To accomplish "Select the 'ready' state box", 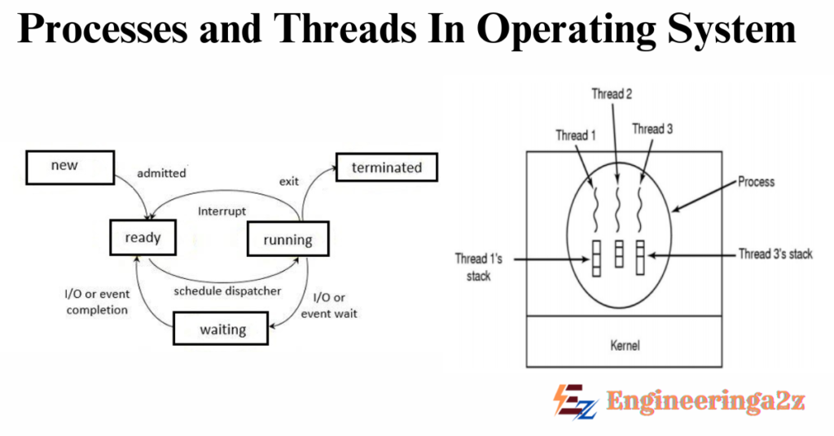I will click(143, 238).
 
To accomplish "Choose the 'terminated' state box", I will click(386, 168).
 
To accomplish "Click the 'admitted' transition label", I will click(161, 173).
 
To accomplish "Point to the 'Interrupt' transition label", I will click(222, 211).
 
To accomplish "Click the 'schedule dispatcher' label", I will click(228, 290).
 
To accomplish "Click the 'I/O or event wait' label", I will click(329, 305).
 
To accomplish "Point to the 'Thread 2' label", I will click(612, 94).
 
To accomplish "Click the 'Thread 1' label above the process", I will click(577, 135).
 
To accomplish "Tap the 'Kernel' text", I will click(625, 346).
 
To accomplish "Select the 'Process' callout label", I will click(756, 181).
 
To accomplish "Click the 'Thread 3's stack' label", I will click(775, 255).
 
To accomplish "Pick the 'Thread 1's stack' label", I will click(472, 268).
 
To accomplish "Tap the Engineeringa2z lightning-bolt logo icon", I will click(574, 401).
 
